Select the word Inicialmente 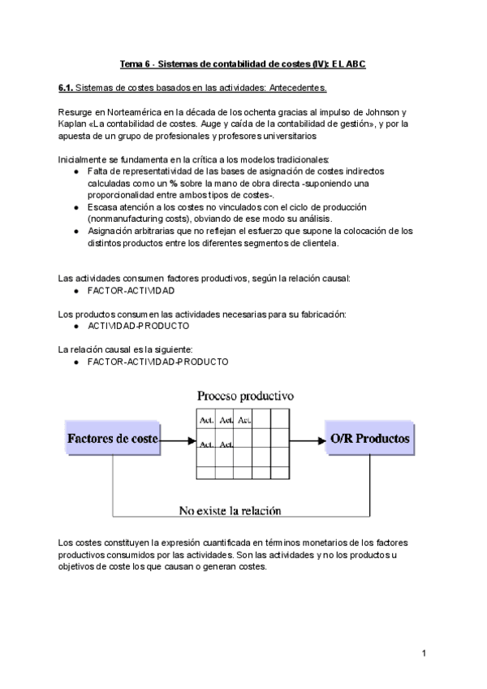coord(84,159)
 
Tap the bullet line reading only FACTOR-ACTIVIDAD coord(131,290)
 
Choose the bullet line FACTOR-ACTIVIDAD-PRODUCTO coord(157,362)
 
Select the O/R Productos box coord(369,439)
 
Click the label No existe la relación coord(230,511)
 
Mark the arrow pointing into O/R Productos coord(305,440)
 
